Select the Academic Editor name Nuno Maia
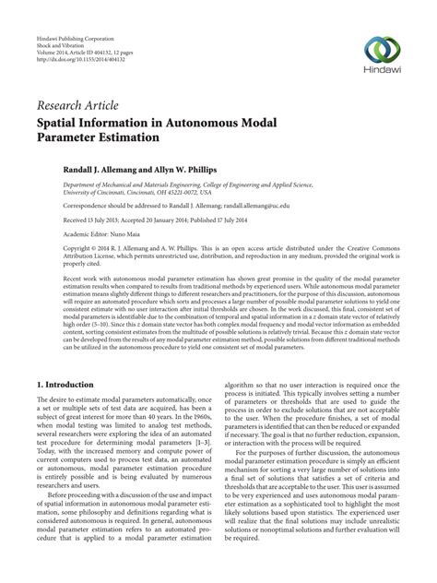click(x=131, y=235)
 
